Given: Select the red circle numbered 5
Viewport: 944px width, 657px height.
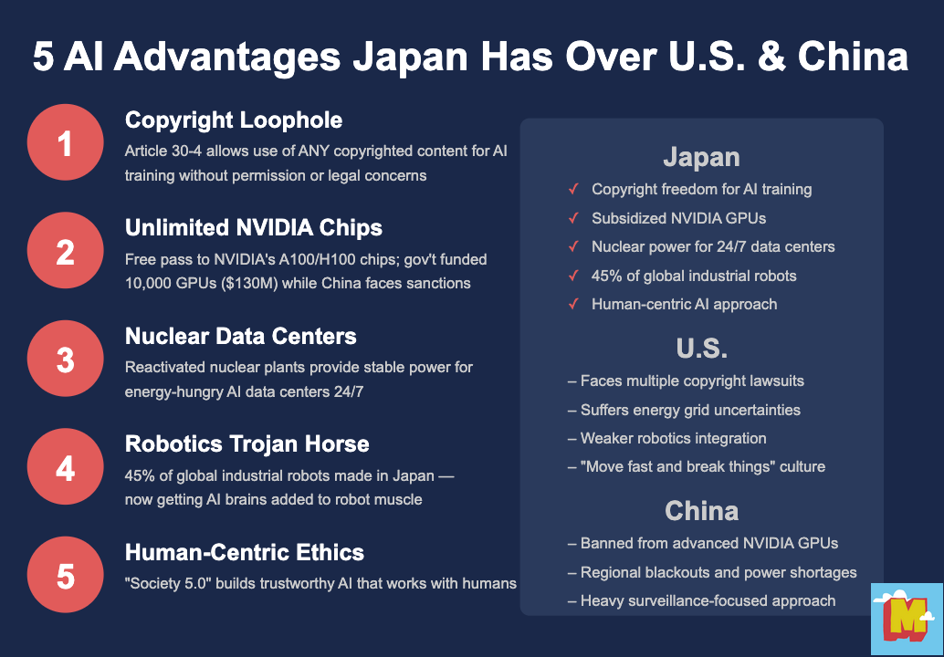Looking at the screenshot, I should click(x=66, y=576).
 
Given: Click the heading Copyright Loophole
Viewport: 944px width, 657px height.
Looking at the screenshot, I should click(x=234, y=120).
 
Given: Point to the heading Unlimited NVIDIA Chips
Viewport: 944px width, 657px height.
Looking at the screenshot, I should click(x=254, y=228).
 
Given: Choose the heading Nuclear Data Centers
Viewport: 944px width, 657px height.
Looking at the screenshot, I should click(x=241, y=336).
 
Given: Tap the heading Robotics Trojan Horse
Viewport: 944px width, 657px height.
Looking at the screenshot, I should click(x=247, y=444).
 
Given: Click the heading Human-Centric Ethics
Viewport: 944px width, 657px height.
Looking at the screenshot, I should click(x=245, y=552).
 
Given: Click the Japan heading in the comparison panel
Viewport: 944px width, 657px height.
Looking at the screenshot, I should click(x=701, y=157).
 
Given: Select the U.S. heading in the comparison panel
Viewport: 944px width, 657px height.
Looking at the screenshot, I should click(x=701, y=349).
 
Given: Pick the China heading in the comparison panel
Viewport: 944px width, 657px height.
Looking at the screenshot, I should click(x=701, y=511).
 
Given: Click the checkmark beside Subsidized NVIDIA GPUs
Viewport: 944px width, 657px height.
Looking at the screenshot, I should click(x=573, y=218).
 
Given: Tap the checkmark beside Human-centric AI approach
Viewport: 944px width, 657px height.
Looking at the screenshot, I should click(x=573, y=304).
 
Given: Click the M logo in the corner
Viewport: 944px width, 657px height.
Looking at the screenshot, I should click(x=905, y=619).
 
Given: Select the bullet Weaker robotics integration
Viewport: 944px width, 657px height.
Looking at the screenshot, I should click(x=666, y=438).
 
